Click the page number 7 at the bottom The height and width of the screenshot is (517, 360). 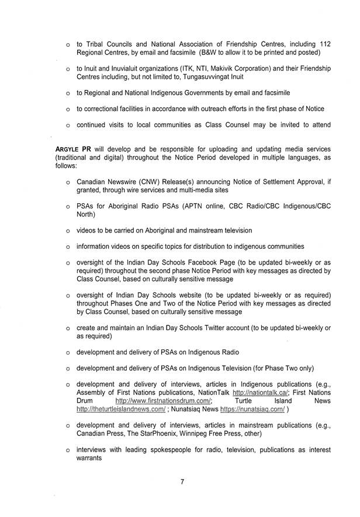point(182,482)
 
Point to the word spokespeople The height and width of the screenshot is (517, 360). point(170,450)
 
